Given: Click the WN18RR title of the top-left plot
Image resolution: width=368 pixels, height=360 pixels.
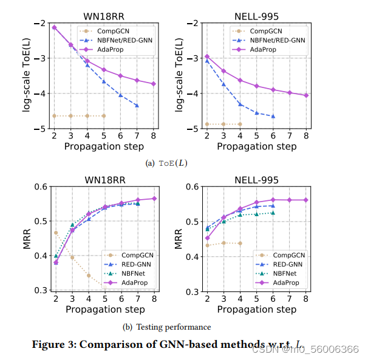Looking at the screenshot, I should [x=104, y=16].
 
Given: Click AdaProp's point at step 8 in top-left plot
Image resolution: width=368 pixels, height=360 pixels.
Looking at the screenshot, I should [x=154, y=84].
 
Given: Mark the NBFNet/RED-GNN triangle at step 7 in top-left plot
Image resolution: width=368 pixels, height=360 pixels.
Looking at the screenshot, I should [x=137, y=106].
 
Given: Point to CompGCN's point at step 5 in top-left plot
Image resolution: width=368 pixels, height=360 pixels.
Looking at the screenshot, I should [x=104, y=116].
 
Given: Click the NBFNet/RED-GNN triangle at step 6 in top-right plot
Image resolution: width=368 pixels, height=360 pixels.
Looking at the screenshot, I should [x=273, y=116].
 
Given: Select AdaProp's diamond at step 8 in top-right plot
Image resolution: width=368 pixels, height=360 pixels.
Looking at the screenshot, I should [x=306, y=95].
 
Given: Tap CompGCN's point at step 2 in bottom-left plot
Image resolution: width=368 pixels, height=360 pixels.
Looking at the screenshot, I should [x=56, y=233].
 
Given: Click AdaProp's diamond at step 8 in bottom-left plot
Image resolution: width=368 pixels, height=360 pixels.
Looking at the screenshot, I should [x=154, y=199].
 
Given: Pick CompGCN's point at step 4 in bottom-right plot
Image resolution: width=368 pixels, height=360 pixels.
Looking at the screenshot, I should [x=240, y=243].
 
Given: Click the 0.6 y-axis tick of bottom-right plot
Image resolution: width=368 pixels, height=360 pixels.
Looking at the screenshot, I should [x=192, y=186].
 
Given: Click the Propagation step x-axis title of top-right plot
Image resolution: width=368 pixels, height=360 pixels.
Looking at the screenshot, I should [x=257, y=146].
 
